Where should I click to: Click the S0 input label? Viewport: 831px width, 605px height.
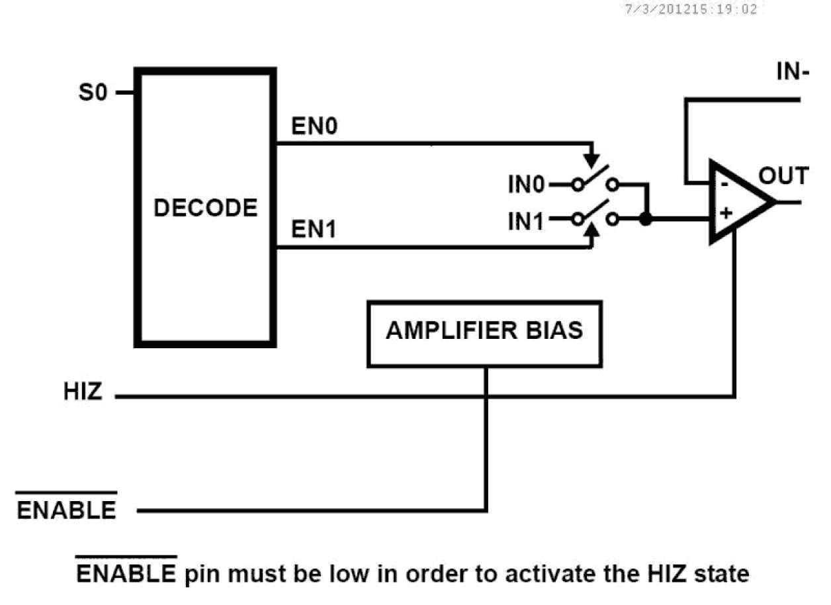point(93,93)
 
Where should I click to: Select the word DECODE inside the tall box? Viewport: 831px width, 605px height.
point(205,208)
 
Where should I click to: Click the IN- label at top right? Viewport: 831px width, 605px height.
point(792,72)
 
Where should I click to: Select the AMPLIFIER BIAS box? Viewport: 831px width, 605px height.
point(484,334)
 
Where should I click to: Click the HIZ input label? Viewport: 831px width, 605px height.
point(83,392)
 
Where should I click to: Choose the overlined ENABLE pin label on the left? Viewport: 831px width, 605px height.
point(66,510)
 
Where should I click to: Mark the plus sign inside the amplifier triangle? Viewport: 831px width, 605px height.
point(726,214)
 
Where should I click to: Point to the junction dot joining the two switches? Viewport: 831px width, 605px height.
point(646,218)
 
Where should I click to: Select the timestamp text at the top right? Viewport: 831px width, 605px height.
point(690,9)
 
